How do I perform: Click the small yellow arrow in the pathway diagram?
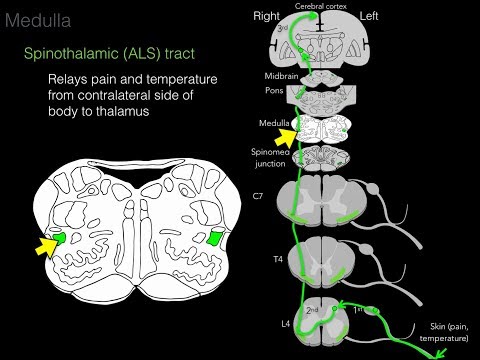tap(287, 130)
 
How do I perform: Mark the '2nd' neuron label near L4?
tap(312, 310)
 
